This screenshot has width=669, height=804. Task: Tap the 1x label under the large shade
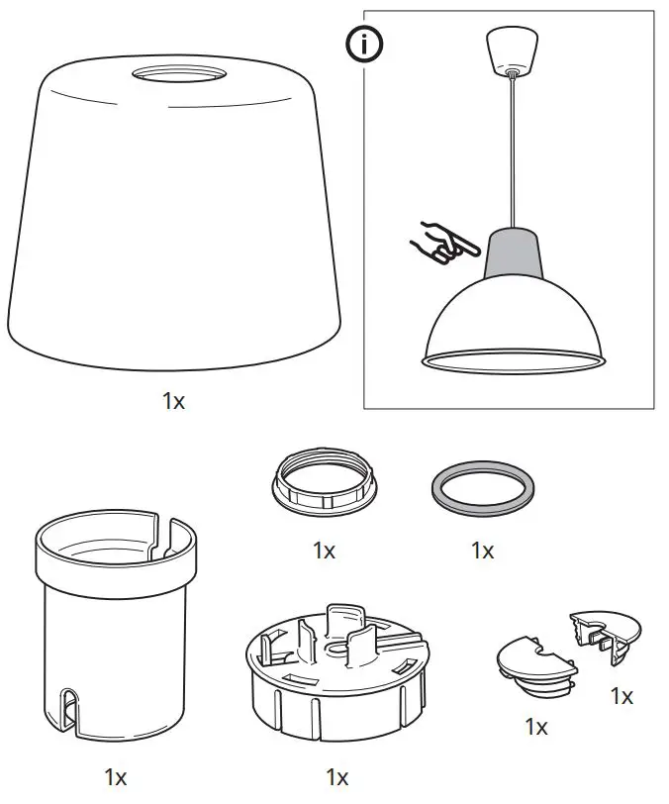tap(174, 402)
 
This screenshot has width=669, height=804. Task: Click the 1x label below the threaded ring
tap(324, 551)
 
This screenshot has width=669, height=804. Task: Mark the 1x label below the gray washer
tap(482, 551)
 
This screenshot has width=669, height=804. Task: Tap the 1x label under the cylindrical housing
tap(116, 777)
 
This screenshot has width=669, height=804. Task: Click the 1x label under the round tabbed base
tap(337, 777)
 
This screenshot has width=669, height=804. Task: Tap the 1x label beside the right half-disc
tap(621, 696)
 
